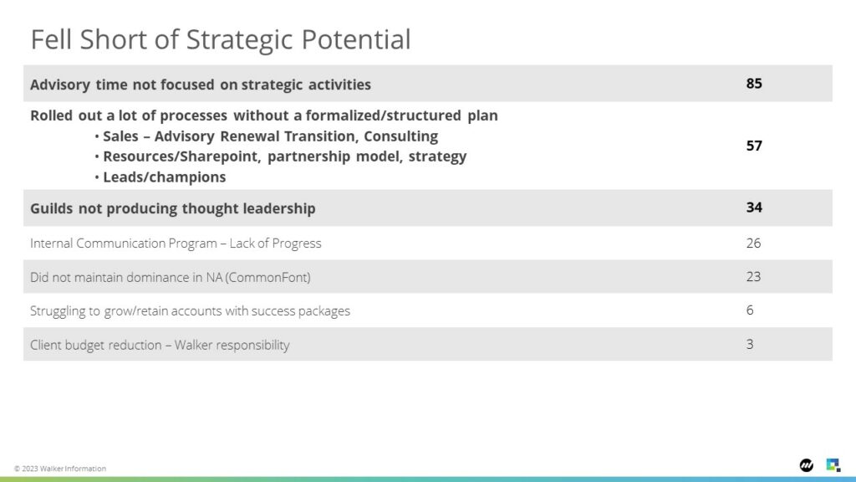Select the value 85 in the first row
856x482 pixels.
tap(754, 83)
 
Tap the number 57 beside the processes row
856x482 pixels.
tap(754, 146)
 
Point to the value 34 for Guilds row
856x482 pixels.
tap(754, 208)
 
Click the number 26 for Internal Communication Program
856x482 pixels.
tap(753, 243)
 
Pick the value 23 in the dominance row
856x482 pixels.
tap(753, 276)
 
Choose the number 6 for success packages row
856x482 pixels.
tap(750, 310)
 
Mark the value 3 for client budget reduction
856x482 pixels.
tap(750, 344)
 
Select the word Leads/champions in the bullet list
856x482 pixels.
tap(165, 177)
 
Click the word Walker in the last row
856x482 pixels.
tap(193, 345)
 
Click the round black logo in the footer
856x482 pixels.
tap(807, 465)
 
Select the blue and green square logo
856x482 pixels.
tap(833, 465)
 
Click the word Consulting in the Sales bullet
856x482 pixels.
tap(401, 136)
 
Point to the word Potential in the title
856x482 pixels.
tap(356, 40)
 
